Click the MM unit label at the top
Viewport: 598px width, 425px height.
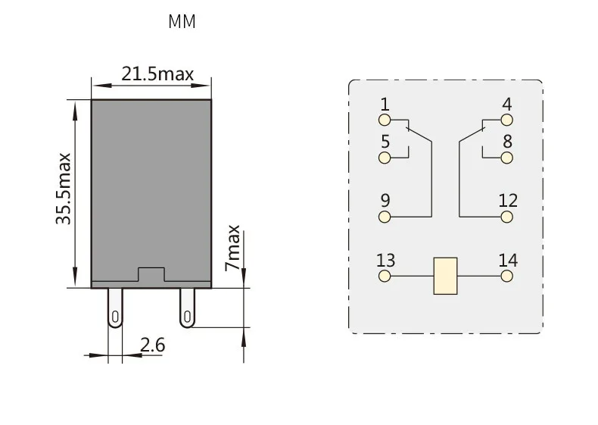coord(182,22)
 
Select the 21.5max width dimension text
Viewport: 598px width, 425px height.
coord(157,73)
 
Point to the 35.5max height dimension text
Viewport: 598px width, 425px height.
coord(64,189)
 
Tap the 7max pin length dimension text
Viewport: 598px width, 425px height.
coord(232,248)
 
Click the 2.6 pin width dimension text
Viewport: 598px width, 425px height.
coord(153,345)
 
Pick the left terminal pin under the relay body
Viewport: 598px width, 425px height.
coord(115,308)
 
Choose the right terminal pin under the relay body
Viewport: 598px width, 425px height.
coord(187,308)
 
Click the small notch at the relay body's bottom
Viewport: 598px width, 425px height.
coord(151,274)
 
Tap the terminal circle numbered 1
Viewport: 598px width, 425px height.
coord(385,120)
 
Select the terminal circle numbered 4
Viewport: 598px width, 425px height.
coord(506,120)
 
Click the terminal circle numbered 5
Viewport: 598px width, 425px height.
coord(385,158)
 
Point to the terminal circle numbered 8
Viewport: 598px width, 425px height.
coord(506,158)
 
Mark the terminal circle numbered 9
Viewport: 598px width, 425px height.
coord(385,217)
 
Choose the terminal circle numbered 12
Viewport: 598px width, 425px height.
coord(506,217)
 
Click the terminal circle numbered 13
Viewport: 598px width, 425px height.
coord(385,276)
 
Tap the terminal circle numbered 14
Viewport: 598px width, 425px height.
coord(506,276)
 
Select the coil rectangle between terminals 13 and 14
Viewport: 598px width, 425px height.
coord(445,276)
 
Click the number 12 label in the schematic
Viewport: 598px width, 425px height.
coord(508,201)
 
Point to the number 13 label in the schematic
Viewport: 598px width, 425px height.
coord(385,261)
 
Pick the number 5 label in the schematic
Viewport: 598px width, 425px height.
coord(385,142)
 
